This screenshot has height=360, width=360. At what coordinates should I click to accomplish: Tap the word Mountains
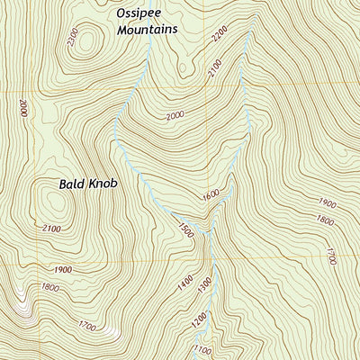pos(146,29)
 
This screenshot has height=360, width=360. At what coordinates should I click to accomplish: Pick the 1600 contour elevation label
pos(211,194)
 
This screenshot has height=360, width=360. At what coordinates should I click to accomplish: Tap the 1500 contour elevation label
pos(186,230)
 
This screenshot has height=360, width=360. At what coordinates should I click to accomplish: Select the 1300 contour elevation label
pos(204,284)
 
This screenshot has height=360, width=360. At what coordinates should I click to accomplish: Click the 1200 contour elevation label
pos(198,319)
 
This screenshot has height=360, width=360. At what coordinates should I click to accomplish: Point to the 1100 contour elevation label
pos(202,348)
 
